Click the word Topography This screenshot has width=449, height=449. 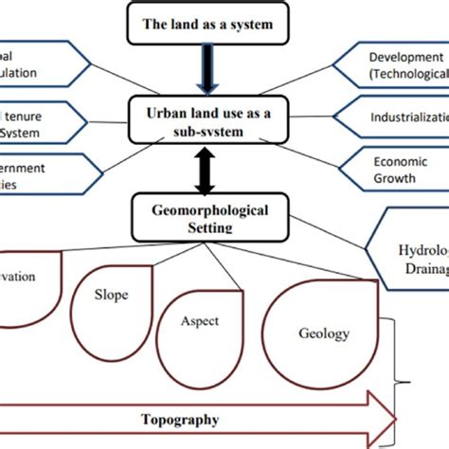[180, 419]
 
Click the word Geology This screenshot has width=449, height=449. [324, 333]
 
